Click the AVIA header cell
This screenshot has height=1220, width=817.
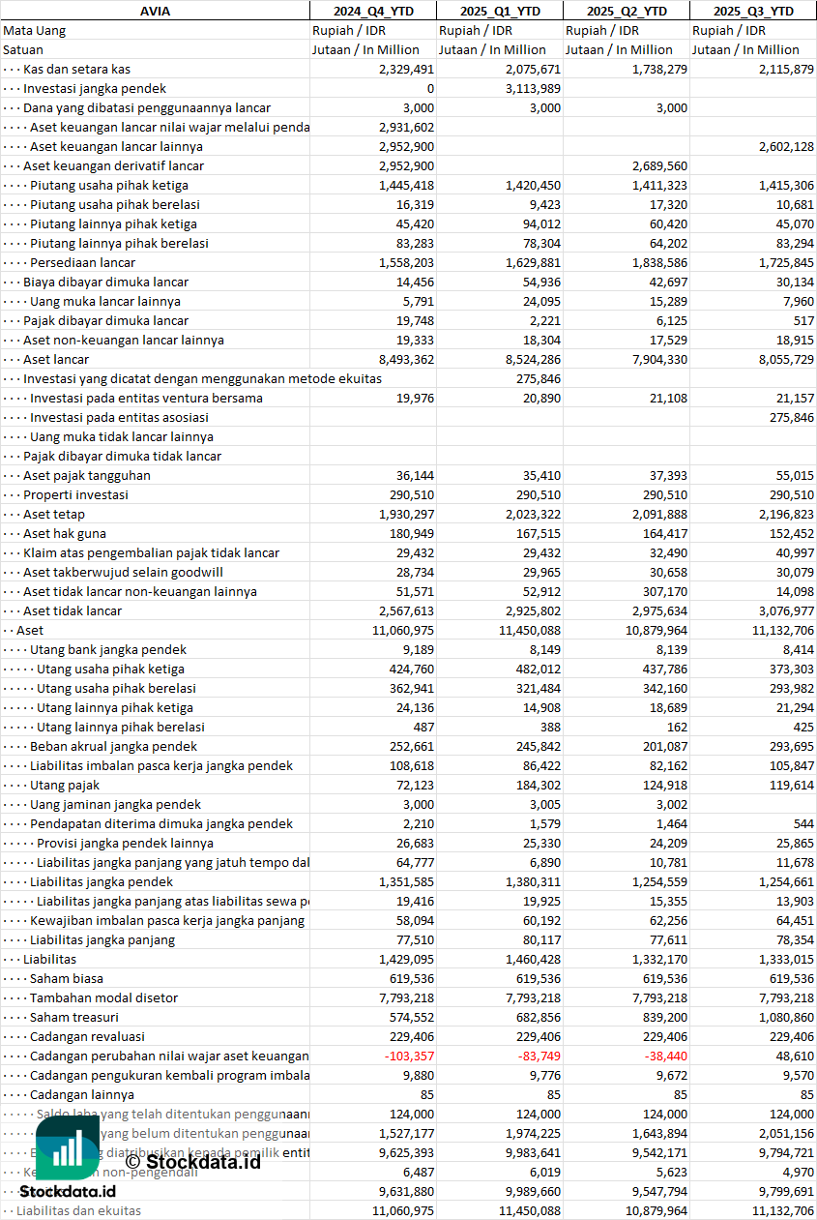point(155,11)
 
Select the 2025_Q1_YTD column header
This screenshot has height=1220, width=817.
point(499,11)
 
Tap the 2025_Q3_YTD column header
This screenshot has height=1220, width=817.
point(753,11)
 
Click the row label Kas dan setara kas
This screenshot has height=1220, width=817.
point(76,69)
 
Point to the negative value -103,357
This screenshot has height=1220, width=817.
point(409,1056)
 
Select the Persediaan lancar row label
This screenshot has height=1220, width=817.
point(82,262)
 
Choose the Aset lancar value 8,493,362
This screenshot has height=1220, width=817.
point(406,359)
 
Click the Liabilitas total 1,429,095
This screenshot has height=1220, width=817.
point(406,959)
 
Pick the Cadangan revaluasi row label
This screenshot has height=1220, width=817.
point(87,1036)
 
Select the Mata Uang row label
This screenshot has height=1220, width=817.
point(34,30)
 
